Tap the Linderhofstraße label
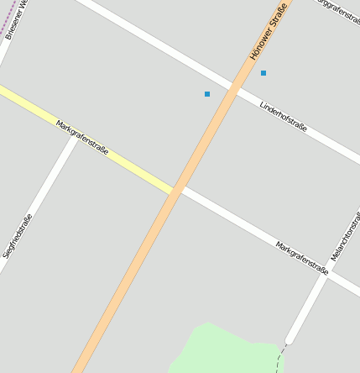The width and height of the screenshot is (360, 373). point(284,118)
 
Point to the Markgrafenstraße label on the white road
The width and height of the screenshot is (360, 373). point(301,258)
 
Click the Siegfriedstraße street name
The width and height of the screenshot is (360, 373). point(18,236)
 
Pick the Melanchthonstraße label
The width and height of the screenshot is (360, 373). point(345,234)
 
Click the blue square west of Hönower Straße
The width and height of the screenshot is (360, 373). point(207,94)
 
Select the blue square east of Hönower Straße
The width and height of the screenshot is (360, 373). point(263,73)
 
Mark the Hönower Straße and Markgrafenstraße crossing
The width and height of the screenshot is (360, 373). point(176,192)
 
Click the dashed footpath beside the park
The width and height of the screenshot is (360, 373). point(279,360)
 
